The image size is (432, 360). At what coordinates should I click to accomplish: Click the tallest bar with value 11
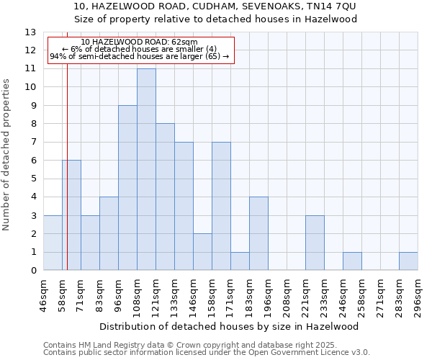coord(146,169)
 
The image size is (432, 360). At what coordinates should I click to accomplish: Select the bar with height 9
coord(127,188)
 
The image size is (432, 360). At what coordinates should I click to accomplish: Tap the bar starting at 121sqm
coord(165,197)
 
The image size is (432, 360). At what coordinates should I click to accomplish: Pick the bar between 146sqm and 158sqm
coord(202,252)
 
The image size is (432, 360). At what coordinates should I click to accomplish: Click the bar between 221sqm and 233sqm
coord(315,243)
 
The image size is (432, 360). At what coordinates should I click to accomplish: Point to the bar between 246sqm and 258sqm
coord(352,261)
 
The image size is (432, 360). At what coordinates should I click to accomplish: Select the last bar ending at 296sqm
coord(408,261)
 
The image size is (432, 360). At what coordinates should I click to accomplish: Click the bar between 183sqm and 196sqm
coord(258,233)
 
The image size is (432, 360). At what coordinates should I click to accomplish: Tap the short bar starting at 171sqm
coord(240,261)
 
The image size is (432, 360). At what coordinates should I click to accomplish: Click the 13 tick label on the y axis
coord(30,32)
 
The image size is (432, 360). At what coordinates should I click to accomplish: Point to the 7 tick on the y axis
coord(33,142)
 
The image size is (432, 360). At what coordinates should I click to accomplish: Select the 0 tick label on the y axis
coord(33,271)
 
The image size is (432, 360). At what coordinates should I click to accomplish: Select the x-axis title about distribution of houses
coord(230,326)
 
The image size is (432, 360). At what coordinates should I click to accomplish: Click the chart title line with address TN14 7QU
coord(215,6)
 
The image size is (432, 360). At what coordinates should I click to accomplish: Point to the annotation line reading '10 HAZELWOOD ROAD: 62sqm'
coord(140,42)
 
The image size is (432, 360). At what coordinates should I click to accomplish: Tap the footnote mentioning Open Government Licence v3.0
coord(207,352)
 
